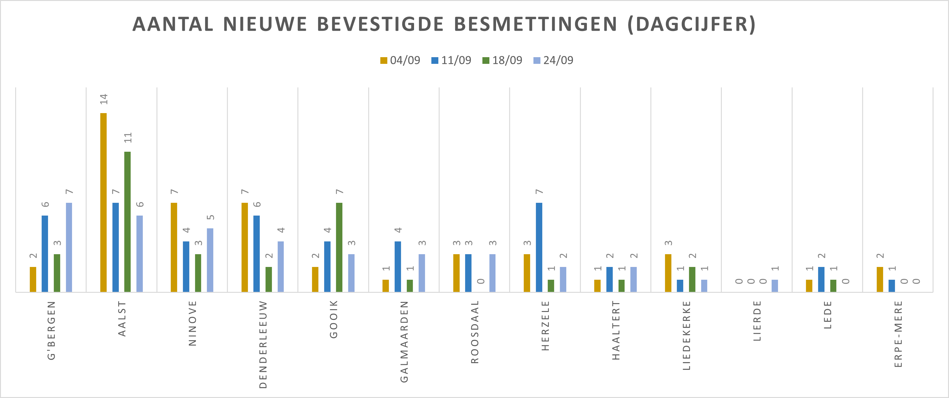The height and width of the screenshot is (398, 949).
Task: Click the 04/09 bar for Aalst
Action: (x=104, y=202)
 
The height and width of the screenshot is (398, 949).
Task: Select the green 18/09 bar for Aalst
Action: (x=128, y=222)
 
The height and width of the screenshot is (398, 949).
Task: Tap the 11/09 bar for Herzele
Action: (x=539, y=247)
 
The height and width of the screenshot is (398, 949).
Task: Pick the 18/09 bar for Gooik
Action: (x=339, y=247)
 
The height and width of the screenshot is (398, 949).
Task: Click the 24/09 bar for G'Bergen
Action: (x=69, y=247)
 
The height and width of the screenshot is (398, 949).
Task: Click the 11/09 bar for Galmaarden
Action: (x=398, y=266)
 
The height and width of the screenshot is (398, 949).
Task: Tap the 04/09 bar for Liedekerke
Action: (x=668, y=273)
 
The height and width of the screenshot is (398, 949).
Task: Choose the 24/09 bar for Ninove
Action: (x=210, y=260)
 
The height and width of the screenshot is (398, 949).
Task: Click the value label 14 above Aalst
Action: (x=104, y=99)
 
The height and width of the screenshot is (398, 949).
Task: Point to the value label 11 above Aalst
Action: (x=128, y=138)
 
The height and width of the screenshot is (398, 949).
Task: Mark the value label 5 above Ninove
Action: (x=210, y=217)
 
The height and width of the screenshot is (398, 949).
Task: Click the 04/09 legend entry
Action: (x=400, y=60)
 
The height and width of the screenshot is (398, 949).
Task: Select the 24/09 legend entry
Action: (x=553, y=60)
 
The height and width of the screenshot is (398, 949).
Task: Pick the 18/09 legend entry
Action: (x=502, y=60)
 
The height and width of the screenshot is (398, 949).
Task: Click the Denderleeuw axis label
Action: (x=263, y=344)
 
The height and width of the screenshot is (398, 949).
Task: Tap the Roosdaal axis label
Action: (x=475, y=332)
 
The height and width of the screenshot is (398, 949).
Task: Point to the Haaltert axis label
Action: (x=616, y=330)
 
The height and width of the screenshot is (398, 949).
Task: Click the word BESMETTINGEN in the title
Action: (x=535, y=24)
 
